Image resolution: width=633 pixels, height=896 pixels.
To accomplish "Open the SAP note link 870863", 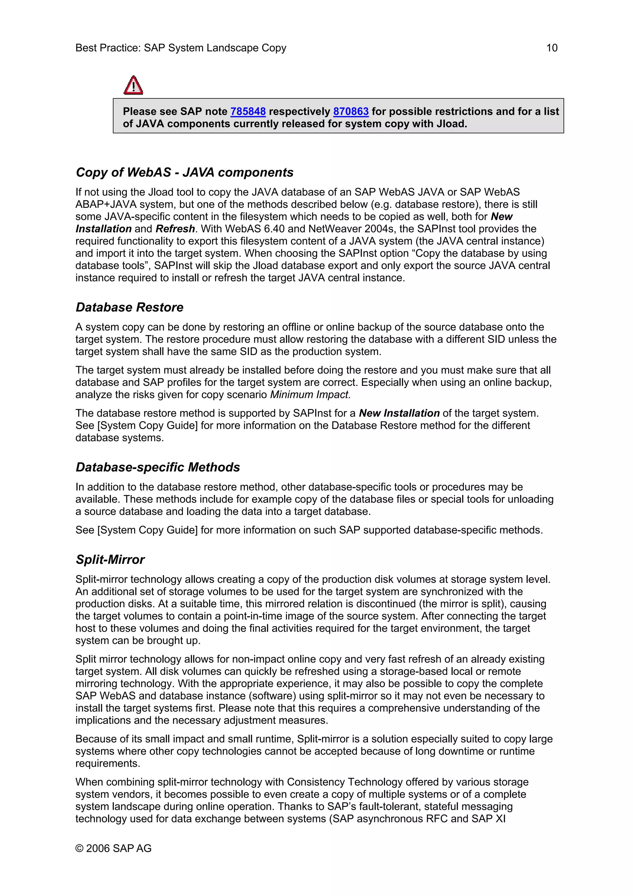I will (x=350, y=112).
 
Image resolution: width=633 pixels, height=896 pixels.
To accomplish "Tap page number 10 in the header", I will (x=551, y=48).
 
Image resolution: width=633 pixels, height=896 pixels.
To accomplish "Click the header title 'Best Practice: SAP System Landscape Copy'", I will (x=181, y=48).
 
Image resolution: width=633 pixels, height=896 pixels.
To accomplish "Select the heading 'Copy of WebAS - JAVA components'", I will (x=185, y=173).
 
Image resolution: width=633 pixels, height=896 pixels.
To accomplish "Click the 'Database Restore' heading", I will (x=130, y=308).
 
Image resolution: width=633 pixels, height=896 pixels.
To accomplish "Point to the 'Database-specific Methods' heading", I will (x=158, y=467).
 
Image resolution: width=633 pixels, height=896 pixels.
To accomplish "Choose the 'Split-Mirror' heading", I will (x=110, y=560).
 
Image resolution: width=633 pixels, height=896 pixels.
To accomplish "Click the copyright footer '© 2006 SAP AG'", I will (x=113, y=848).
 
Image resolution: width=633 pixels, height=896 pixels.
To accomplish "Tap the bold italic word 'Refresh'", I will (x=175, y=229).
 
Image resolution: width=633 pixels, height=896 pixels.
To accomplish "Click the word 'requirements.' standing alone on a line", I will (x=107, y=763).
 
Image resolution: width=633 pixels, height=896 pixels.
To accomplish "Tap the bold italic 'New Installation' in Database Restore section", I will (x=399, y=413).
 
